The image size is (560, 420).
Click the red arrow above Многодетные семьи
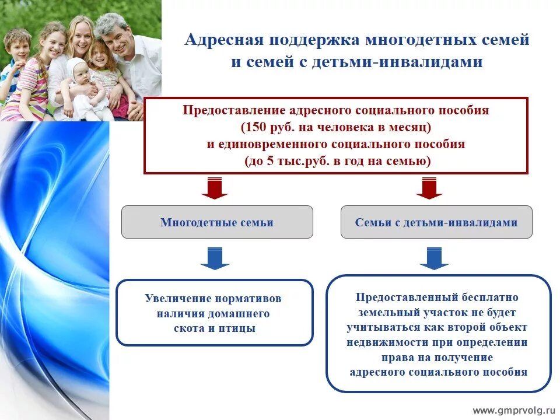coord(215,188)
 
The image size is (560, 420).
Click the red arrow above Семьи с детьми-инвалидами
coord(429,188)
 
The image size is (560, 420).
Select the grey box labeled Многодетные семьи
coord(217,222)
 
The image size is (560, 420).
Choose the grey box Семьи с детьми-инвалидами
coord(436,222)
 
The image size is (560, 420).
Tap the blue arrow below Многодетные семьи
coord(215,258)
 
